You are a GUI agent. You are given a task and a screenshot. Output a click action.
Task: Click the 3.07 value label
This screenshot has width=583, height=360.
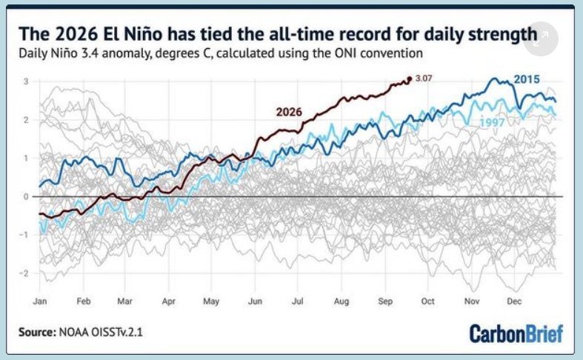coord(424,78)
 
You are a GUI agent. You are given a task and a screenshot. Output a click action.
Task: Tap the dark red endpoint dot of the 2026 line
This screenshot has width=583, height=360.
coord(410,79)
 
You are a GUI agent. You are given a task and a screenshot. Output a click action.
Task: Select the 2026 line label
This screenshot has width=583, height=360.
coord(289,112)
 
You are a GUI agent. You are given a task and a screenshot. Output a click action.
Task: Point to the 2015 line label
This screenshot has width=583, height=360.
coord(527,79)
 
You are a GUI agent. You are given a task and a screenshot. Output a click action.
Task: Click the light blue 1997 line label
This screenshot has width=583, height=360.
coord(492,122)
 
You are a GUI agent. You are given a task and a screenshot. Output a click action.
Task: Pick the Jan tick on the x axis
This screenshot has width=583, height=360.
coord(40,301)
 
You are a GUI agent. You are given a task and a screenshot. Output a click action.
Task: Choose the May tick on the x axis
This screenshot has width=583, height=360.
coord(211,301)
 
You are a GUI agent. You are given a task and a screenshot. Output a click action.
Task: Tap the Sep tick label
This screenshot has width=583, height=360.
coord(385,301)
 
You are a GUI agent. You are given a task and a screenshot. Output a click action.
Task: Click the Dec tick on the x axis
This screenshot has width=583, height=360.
coord(514,301)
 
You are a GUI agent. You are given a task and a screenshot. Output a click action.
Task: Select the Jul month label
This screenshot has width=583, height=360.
coord(298,301)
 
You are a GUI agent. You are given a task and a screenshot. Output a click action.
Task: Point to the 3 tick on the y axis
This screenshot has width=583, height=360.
coord(26,81)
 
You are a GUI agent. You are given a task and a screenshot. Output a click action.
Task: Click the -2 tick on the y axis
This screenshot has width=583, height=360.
coord(24,273)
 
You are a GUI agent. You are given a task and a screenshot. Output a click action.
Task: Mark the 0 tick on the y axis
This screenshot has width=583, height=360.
coord(26,196)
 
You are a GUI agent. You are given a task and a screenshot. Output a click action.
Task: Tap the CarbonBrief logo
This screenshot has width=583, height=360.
coord(516,333)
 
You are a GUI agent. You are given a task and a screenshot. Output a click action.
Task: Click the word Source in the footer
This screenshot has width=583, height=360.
coord(37,332)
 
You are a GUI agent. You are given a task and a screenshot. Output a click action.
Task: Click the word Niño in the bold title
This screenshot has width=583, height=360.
coord(143,34)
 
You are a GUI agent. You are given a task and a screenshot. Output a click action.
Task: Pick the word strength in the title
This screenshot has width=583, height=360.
coord(502,34)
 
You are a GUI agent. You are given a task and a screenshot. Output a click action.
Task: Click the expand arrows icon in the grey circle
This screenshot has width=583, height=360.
coord(541,39)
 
